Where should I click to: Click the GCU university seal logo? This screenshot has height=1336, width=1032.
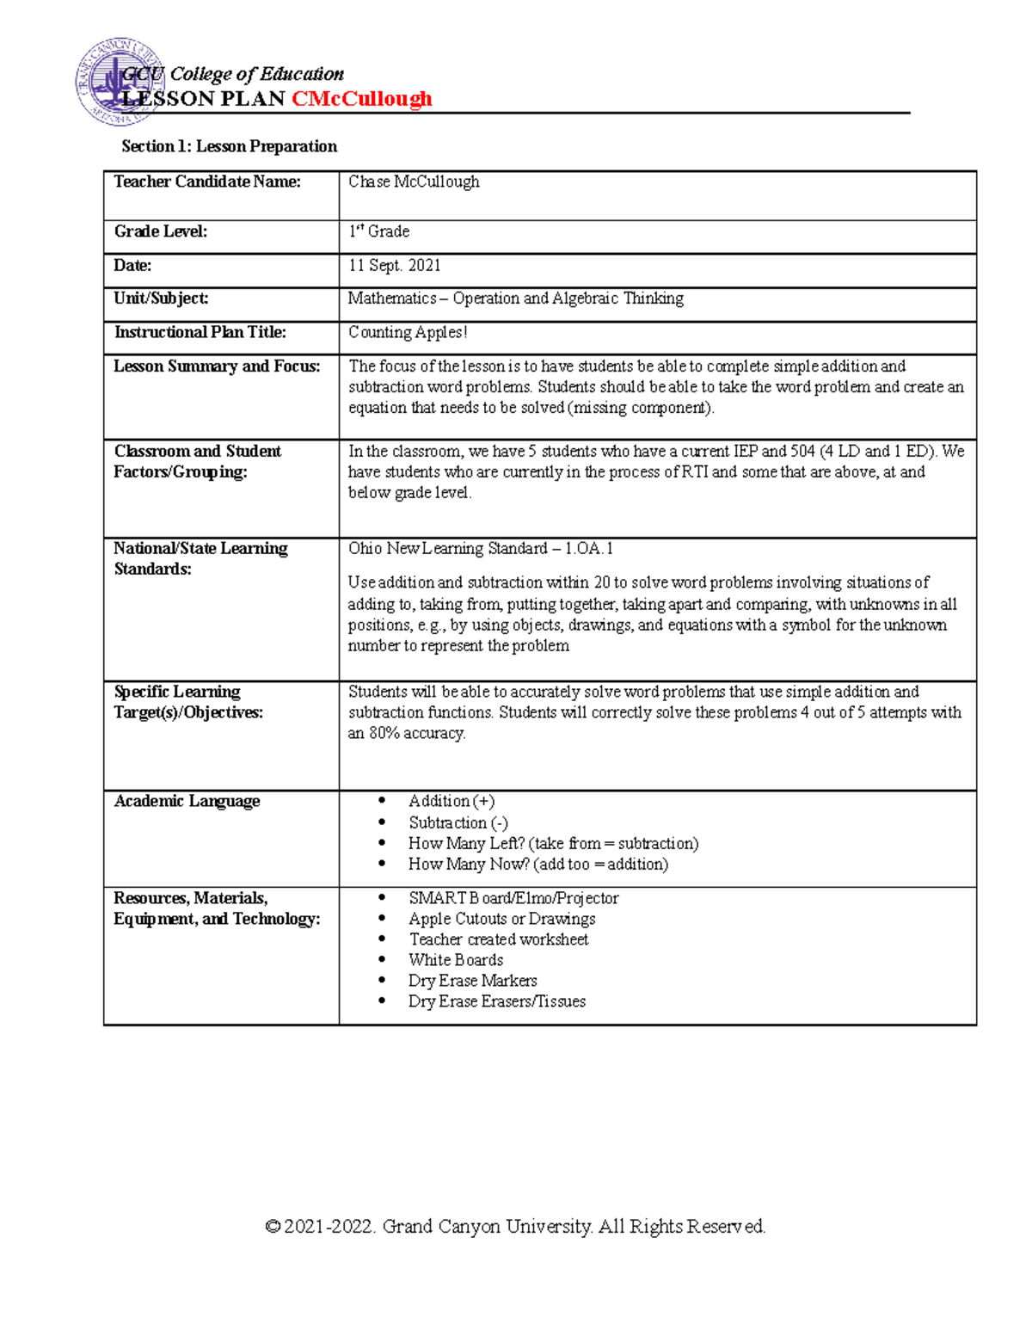pos(116,83)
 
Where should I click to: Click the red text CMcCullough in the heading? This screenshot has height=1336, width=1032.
pos(361,99)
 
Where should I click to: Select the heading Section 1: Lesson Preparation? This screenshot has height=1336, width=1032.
pos(229,146)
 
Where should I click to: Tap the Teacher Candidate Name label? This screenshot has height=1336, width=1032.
pos(207,182)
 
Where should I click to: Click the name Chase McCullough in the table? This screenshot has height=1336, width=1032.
pos(414,182)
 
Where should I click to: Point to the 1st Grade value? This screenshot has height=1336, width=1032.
pos(378,231)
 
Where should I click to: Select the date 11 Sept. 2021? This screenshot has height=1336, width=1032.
pos(394,266)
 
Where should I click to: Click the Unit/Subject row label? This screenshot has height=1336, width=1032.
pos(161,299)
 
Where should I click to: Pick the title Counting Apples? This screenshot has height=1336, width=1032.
pos(408,332)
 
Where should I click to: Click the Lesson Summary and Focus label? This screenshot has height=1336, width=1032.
pos(217,366)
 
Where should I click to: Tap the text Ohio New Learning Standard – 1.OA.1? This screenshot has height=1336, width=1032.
pos(480,549)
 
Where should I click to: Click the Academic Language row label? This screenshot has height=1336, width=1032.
pos(187,801)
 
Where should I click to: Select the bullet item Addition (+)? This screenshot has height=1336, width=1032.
pos(451,801)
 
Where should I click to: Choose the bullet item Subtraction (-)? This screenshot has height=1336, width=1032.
pos(458,822)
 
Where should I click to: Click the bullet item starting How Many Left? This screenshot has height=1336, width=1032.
pos(553,844)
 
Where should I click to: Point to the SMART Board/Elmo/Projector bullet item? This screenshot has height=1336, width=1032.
pos(513,898)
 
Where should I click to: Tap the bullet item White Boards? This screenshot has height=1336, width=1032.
pos(456,960)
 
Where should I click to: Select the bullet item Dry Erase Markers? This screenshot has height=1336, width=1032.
pos(472,981)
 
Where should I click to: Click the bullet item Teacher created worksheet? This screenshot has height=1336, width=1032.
pos(499,939)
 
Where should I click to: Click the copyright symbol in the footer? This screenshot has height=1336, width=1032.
pos(273,1227)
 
